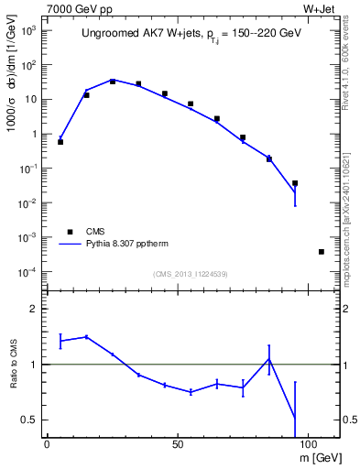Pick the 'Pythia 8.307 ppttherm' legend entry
click(120, 245)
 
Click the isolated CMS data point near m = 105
click(321, 251)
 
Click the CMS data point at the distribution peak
click(113, 82)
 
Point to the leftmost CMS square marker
click(60, 142)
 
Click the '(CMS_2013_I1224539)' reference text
click(191, 274)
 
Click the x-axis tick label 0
click(47, 442)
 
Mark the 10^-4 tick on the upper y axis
click(29, 272)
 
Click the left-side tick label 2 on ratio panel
click(33, 310)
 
